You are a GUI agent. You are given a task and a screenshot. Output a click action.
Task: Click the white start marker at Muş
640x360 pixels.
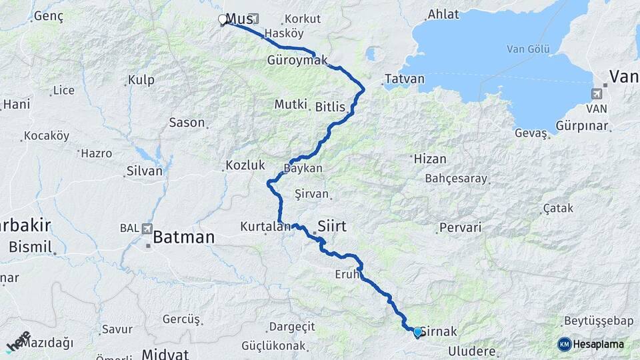pos(222,20)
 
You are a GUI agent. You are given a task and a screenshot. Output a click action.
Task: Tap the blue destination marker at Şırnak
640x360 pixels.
pos(417,331)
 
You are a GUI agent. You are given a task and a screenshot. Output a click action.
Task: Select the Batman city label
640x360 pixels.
pos(183,237)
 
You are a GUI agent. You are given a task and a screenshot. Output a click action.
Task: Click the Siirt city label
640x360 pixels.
pos(332,226)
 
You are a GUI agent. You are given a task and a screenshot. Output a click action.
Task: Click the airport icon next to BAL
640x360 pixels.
pos(146,229)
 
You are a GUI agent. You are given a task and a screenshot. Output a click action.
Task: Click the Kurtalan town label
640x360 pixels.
pos(266,227)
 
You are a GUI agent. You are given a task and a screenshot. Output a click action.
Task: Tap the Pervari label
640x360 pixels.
pos(460,227)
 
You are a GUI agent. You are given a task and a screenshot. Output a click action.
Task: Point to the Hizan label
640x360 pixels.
pos(430,159)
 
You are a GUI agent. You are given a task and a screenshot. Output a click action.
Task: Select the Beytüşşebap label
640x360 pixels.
pos(598,321)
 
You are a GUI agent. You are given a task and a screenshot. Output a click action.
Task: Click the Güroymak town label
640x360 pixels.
pos(297,60)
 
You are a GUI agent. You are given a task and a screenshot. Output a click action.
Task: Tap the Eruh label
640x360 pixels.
pos(347,274)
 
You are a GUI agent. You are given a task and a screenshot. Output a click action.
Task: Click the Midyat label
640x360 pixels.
pos(165,354)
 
